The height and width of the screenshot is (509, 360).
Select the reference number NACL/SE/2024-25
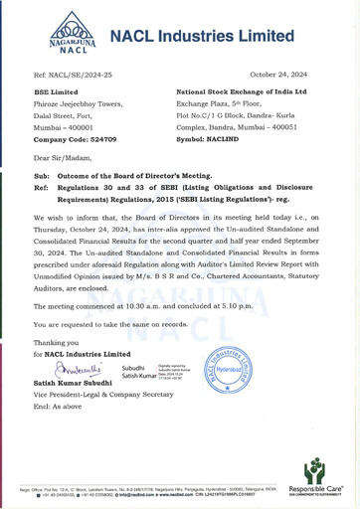pos(77,76)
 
